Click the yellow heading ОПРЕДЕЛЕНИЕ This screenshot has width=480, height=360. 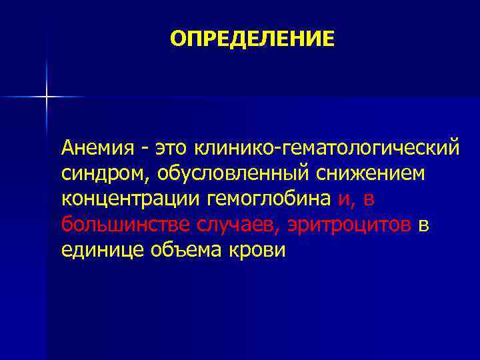tap(253, 39)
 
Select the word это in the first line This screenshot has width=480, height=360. tap(173, 146)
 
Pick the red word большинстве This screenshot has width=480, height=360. tap(127, 225)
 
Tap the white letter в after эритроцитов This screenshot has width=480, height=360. tap(424, 225)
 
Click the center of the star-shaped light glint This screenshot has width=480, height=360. tap(47, 97)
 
